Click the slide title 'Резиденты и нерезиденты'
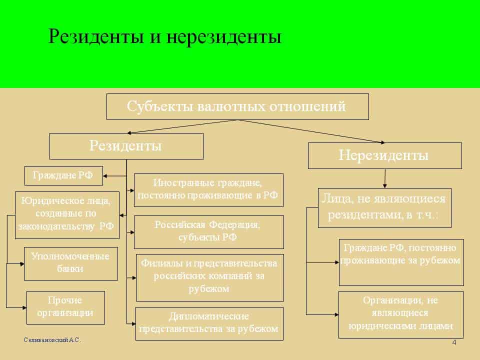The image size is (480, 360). tap(164, 37)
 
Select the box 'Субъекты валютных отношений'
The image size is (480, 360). tap(237, 106)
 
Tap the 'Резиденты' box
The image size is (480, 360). tap(126, 146)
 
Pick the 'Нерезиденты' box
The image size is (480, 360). tap(384, 155)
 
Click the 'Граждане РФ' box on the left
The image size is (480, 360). tap(63, 175)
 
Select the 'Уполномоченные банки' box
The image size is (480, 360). tap(70, 263)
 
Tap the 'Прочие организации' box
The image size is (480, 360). tap(65, 307)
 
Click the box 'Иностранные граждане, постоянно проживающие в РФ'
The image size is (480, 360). tap(208, 190)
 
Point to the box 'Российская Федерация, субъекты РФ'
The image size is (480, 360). tap(208, 231)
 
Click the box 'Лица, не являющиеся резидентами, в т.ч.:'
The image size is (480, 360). tap(384, 207)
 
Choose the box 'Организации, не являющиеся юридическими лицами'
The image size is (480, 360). tap(401, 314)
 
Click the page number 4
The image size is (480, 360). tap(453, 342)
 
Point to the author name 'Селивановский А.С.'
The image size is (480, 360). tap(51, 340)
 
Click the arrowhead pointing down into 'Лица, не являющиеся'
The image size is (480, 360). tap(384, 185)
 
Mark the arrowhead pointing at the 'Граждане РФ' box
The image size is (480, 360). tap(106, 175)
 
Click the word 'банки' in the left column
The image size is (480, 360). tap(70, 269)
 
